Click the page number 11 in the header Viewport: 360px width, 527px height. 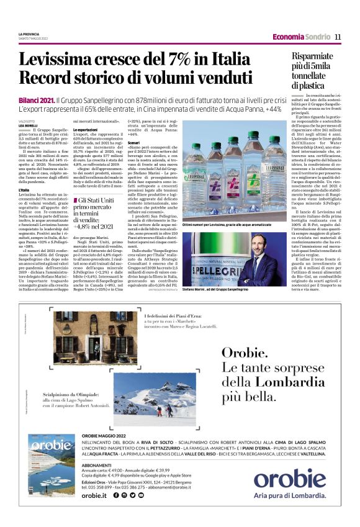click(338, 37)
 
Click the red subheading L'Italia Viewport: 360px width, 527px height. click(24, 190)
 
